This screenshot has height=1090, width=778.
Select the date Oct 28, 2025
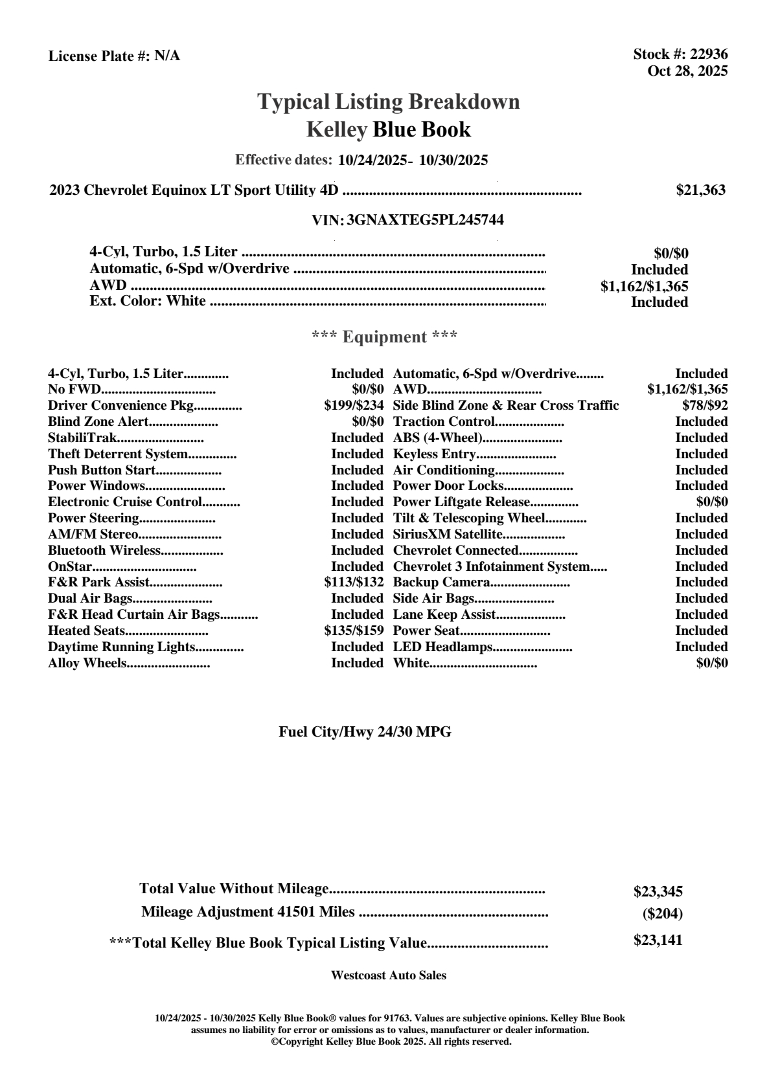[x=687, y=71]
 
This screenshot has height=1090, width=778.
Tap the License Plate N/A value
[x=167, y=56]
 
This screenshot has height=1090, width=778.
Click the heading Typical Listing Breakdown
[x=389, y=102]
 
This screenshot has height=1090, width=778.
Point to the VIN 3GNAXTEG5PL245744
[x=425, y=220]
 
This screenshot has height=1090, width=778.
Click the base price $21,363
[x=700, y=190]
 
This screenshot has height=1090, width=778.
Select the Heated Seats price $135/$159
[x=354, y=630]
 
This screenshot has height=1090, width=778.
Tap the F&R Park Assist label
[x=98, y=583]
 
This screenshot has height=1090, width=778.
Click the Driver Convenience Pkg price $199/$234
[x=354, y=406]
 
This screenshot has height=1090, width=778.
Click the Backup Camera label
[x=441, y=583]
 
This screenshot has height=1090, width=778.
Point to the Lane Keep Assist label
[x=444, y=615]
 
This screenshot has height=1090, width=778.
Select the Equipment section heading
[x=385, y=337]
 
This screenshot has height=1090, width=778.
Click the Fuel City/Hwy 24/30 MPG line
[x=365, y=732]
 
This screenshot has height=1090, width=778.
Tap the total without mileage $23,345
[x=658, y=892]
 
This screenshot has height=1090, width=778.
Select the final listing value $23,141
[x=658, y=940]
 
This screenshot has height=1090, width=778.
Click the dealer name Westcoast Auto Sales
[x=388, y=975]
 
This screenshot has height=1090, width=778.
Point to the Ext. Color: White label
[x=148, y=301]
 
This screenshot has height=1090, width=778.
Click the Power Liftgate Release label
[x=462, y=502]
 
